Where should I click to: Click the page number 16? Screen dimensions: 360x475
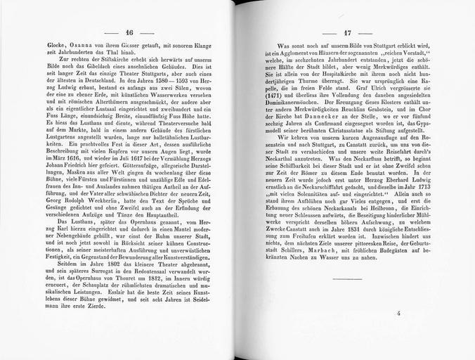[129, 32]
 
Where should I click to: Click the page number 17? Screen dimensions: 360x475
[346, 32]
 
